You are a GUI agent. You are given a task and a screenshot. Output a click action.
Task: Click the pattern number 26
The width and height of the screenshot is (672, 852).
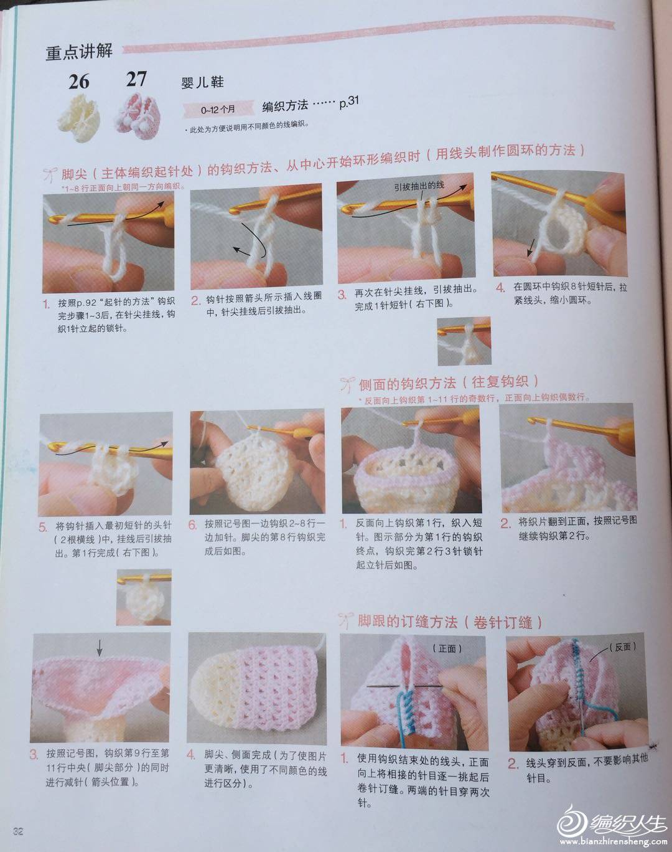(x=79, y=82)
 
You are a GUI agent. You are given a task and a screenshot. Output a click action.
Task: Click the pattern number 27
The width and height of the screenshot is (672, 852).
(x=136, y=79)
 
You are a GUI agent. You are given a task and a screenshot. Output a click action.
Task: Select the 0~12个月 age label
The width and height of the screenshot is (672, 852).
(x=218, y=109)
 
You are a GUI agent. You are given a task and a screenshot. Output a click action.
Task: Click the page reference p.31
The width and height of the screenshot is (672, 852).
(x=348, y=103)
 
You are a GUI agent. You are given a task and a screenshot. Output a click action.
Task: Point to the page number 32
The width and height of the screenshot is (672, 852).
(x=18, y=831)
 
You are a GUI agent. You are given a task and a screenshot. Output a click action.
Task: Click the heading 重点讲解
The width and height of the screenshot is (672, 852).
(x=79, y=52)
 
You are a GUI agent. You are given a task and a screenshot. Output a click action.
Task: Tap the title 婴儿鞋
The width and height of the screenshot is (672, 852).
(x=202, y=82)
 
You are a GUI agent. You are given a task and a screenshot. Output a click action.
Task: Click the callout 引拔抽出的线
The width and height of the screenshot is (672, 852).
(x=419, y=186)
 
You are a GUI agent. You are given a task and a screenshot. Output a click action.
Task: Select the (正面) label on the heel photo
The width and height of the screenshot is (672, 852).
(x=447, y=648)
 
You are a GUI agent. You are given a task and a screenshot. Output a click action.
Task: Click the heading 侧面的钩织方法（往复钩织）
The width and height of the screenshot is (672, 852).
(x=449, y=382)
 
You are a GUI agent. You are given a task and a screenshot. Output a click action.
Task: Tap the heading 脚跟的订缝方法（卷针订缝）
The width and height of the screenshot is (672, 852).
(x=450, y=622)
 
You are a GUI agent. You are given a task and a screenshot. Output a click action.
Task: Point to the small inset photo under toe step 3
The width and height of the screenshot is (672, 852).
(x=464, y=341)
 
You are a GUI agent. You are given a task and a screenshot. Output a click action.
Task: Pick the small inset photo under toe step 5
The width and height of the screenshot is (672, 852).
(x=144, y=597)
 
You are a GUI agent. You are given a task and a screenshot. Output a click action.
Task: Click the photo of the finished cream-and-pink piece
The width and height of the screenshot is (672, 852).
(x=257, y=689)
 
